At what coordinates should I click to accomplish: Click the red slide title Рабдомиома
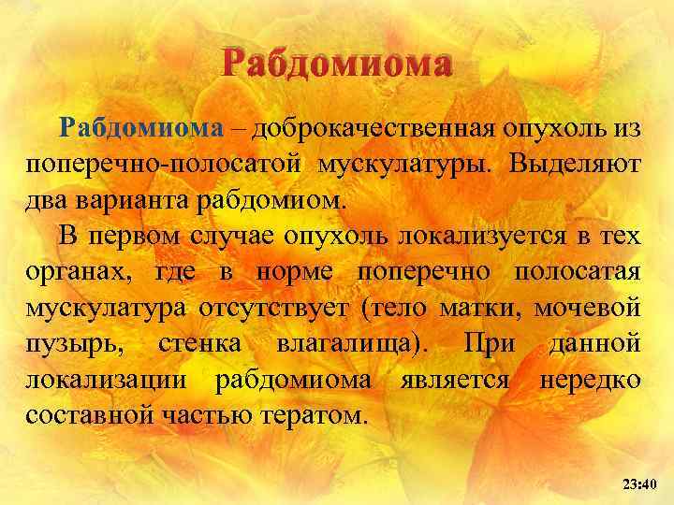(x=337, y=64)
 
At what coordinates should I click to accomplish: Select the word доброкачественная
(x=364, y=129)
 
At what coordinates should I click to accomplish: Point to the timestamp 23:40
(x=640, y=483)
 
